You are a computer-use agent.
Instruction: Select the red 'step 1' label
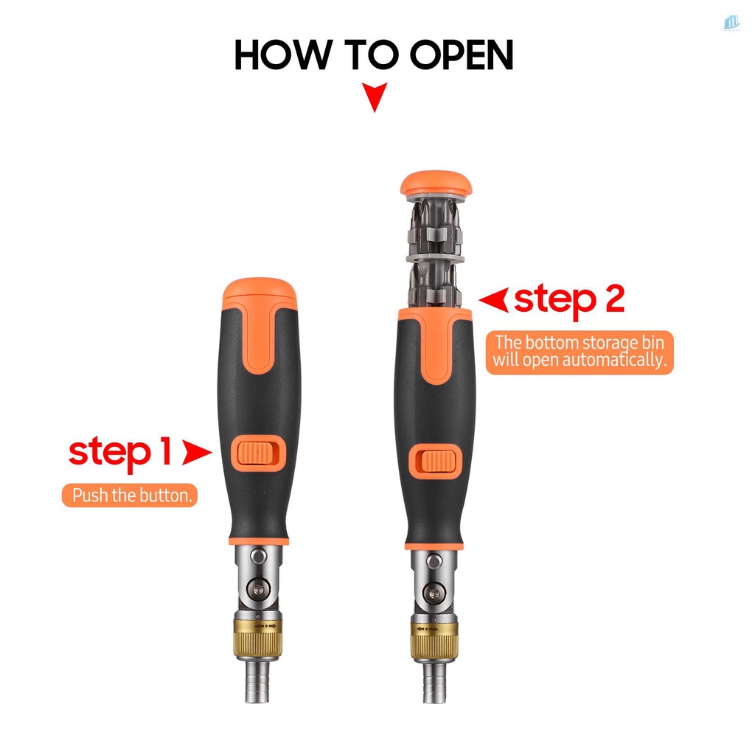pyautogui.click(x=120, y=452)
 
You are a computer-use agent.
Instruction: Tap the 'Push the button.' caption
pyautogui.click(x=130, y=495)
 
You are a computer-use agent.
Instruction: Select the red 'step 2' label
pyautogui.click(x=569, y=299)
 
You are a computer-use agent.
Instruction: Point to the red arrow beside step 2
pyautogui.click(x=494, y=299)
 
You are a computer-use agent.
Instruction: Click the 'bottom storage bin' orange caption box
pyautogui.click(x=580, y=352)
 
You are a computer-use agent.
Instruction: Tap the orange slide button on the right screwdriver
pyautogui.click(x=434, y=460)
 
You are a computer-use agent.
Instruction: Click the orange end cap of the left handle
pyautogui.click(x=259, y=293)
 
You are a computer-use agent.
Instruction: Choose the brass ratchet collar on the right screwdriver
pyautogui.click(x=434, y=639)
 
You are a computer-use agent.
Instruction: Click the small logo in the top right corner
pyautogui.click(x=731, y=23)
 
